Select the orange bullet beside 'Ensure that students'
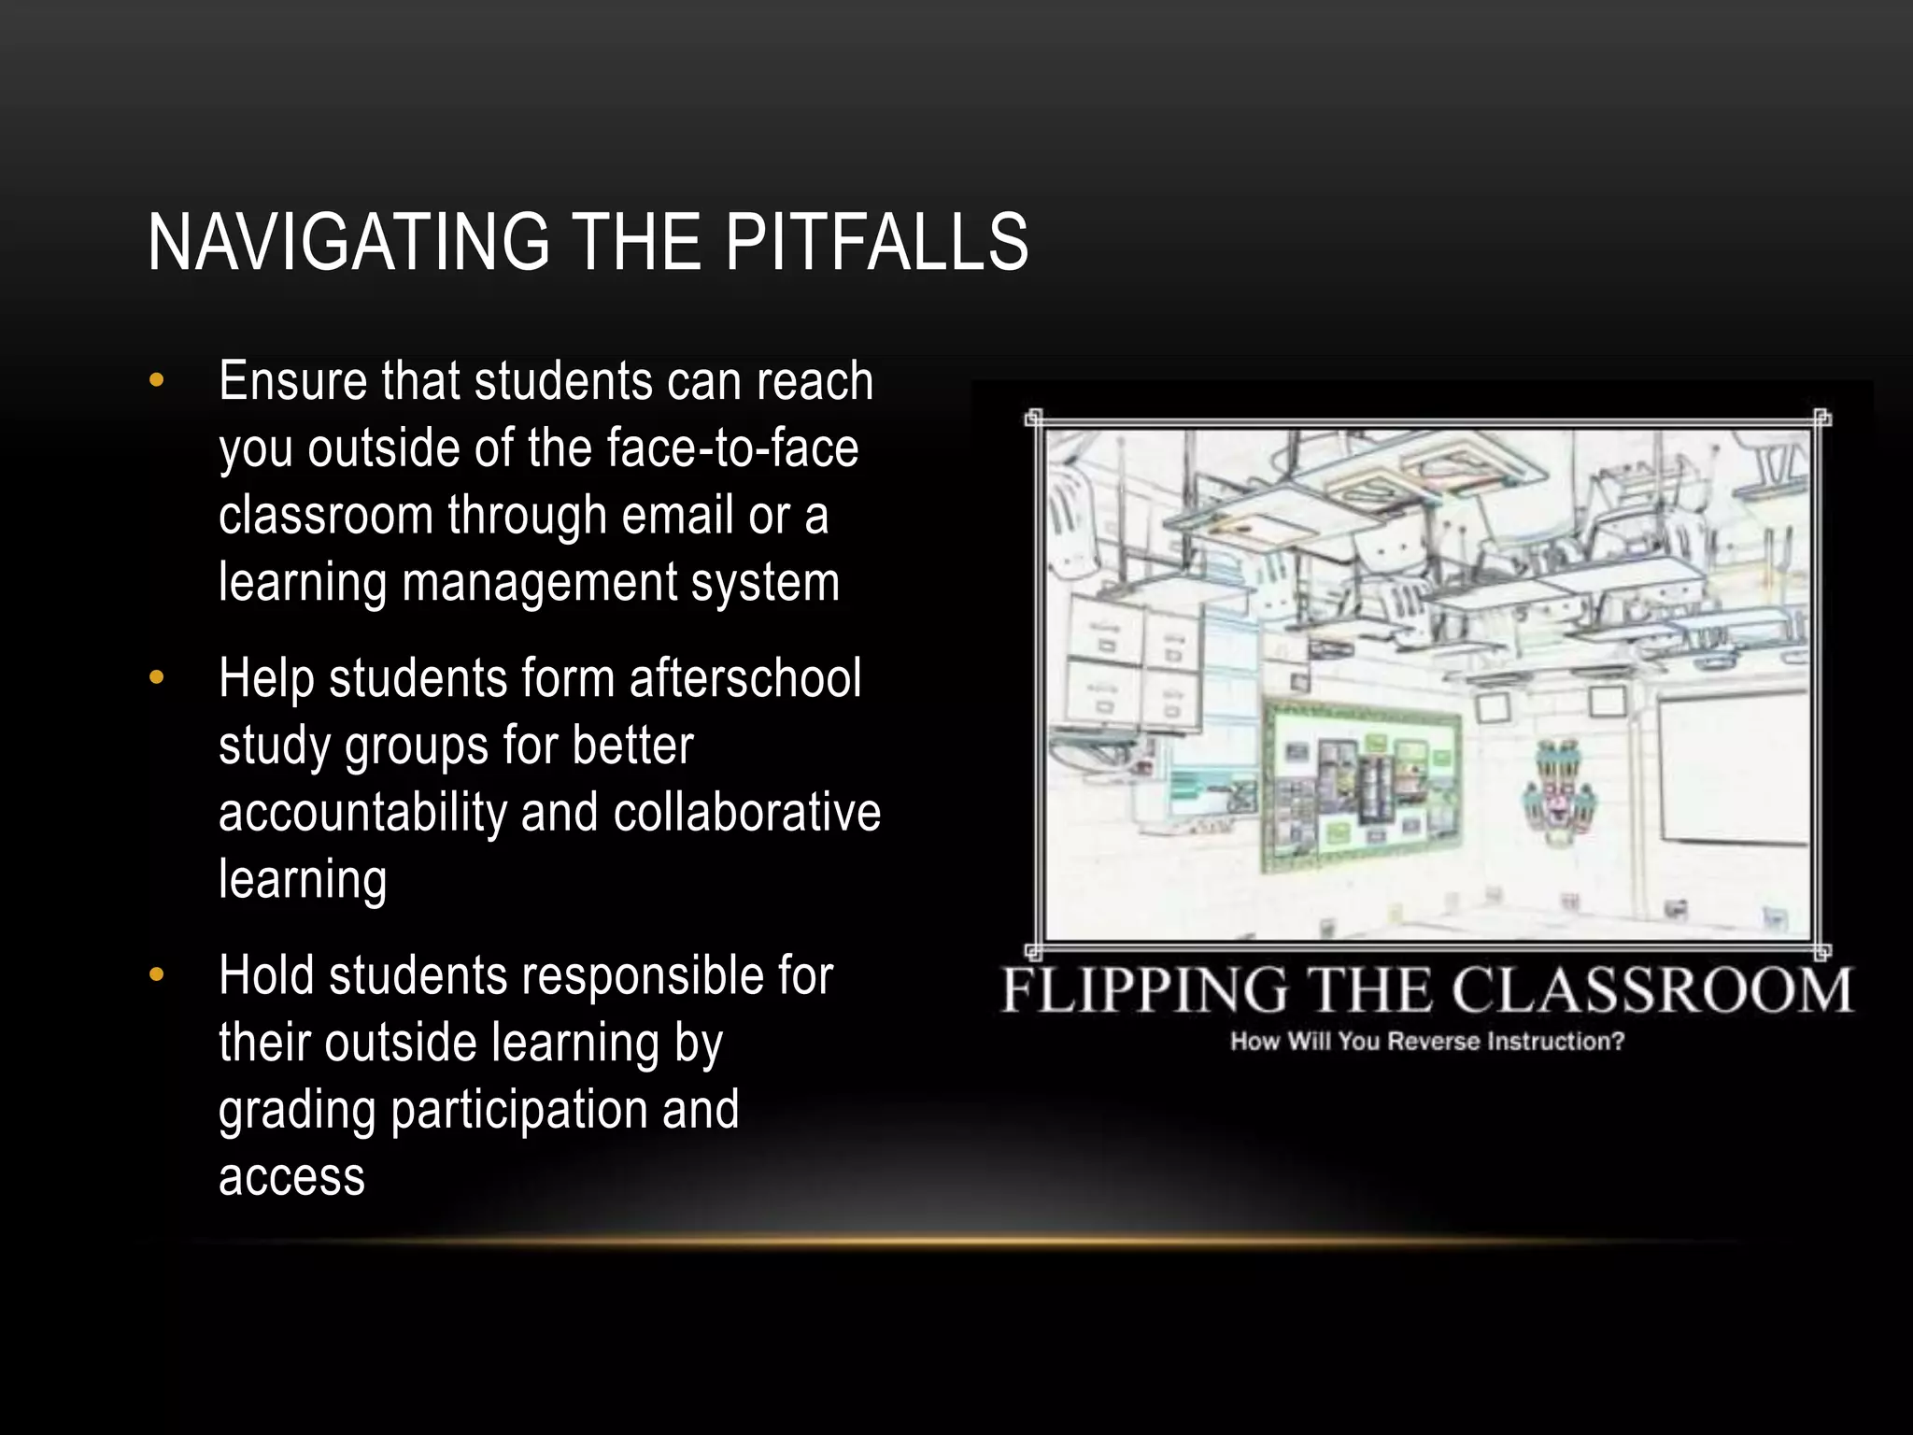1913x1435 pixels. [156, 380]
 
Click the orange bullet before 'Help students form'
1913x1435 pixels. [156, 676]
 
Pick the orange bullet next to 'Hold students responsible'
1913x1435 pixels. [156, 974]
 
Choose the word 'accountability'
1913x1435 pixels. [362, 813]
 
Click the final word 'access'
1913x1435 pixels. [291, 1177]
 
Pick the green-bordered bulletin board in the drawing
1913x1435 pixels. [1362, 783]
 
